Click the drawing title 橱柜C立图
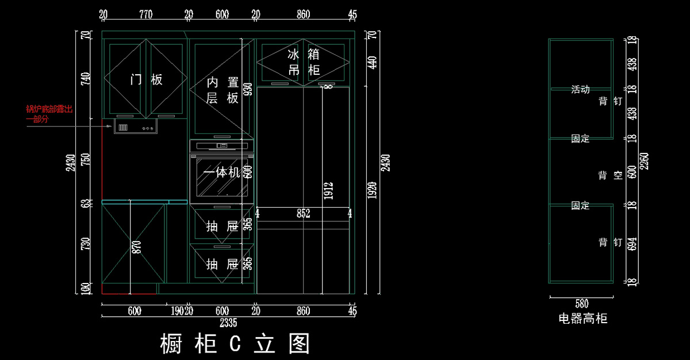tap(235, 343)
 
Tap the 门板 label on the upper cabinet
tap(146, 79)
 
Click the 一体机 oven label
tap(221, 172)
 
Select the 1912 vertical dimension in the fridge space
tap(328, 192)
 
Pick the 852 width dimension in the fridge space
tap(303, 214)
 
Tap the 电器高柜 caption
tap(582, 318)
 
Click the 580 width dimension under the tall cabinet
tap(581, 304)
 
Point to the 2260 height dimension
tap(643, 160)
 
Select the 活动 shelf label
tap(580, 90)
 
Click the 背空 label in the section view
tap(610, 175)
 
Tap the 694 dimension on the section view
tap(632, 243)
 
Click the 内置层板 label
tap(223, 90)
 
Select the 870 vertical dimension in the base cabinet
tap(136, 247)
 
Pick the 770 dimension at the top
tap(145, 15)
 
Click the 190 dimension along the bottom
tap(177, 311)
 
